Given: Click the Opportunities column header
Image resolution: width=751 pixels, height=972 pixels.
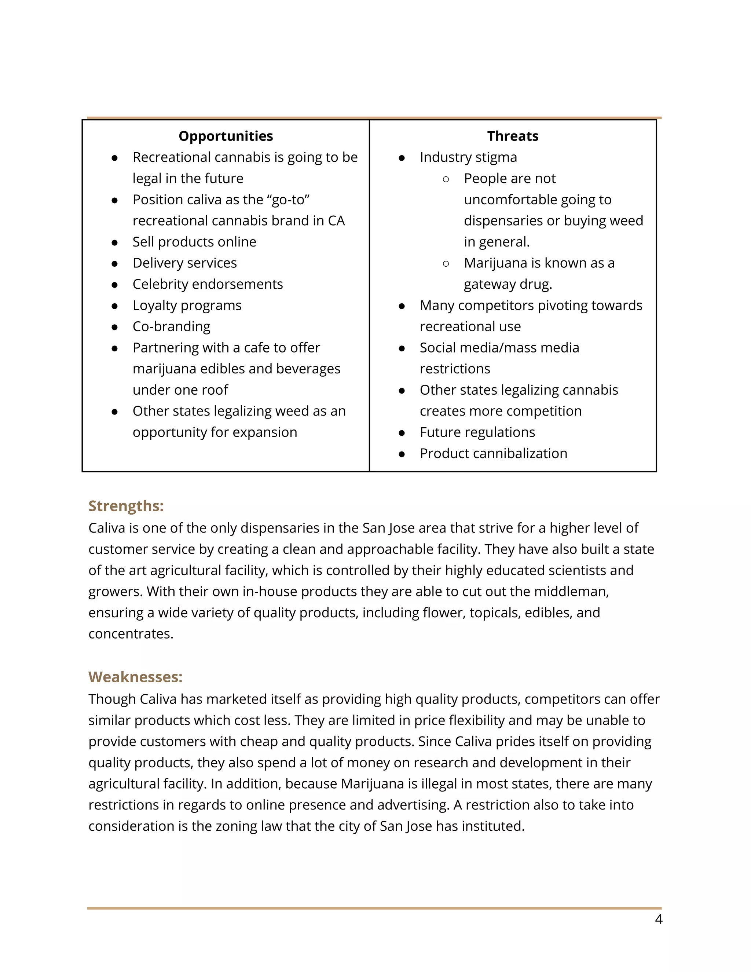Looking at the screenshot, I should coord(226,136).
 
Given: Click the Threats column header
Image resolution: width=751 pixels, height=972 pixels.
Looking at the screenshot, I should coord(513,136).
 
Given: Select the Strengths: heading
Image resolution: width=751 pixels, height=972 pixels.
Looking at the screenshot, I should coord(126,506).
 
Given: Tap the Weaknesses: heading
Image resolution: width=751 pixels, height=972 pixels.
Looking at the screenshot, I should coord(135,677).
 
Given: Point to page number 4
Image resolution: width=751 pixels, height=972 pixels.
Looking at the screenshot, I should coord(659,919).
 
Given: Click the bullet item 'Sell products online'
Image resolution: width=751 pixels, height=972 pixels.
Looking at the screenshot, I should coord(194,242).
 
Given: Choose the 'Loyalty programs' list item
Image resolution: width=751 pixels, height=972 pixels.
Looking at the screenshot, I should coord(187,305).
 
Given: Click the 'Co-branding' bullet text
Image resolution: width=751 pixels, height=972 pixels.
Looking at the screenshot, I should coord(171,326).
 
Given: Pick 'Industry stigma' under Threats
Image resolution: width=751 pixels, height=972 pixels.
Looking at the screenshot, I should coord(468,157).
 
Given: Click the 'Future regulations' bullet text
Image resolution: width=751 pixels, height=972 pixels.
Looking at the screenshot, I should coord(477,432).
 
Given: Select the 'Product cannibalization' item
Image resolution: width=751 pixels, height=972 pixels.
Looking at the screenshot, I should coord(494,453).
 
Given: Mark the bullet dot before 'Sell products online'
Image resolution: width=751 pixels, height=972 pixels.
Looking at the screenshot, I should coord(114,242).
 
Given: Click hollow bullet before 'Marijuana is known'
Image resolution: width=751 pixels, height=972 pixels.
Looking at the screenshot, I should coord(446,263).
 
